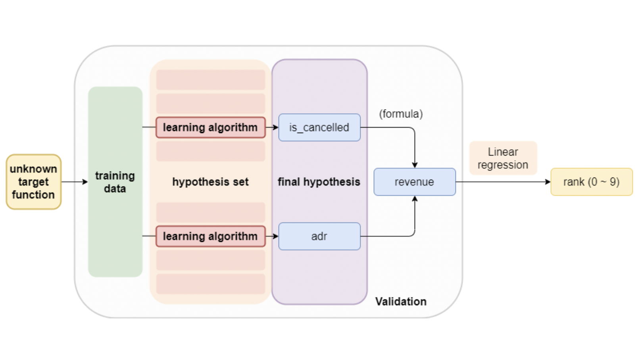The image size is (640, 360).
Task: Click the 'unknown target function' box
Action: pos(33,182)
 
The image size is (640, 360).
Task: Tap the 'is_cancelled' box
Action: pos(319,127)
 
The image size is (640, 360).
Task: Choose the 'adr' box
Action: pos(319,236)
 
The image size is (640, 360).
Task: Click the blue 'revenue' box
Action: pos(415,182)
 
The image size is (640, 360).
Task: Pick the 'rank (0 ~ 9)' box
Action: pos(591,182)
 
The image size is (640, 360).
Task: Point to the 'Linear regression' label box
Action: pos(503,158)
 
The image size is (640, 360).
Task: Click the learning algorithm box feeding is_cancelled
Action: pos(210,127)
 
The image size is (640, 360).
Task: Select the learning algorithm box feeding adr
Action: pos(210,236)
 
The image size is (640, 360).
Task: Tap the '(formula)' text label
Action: pos(401,114)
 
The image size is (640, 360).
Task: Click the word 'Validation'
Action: pos(401,302)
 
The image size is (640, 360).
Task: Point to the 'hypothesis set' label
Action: pos(210,182)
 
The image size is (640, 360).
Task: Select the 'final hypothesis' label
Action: pos(319,182)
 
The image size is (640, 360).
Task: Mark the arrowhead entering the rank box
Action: pos(548,182)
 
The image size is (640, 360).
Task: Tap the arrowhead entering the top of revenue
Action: pos(415,165)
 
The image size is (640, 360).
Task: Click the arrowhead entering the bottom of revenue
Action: pos(415,198)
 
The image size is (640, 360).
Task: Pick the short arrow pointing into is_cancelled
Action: pos(272,127)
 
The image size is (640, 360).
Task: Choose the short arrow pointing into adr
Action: pos(272,236)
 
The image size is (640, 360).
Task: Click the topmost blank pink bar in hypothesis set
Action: pos(210,79)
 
